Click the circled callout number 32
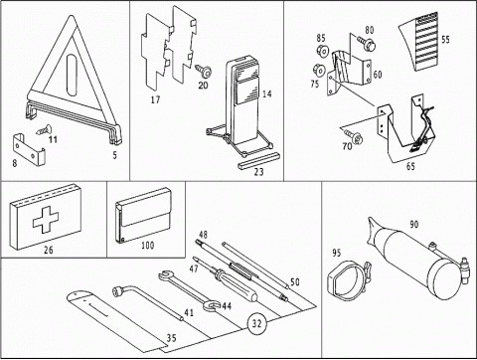256,323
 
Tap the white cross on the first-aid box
46,219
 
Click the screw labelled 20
203,70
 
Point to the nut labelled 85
322,51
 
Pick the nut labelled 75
319,70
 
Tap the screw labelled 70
354,136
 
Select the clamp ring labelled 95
349,279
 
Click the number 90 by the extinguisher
414,225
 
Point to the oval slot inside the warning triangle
72,75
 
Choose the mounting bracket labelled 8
29,149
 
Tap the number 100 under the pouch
148,246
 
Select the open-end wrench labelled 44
188,290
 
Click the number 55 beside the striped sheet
445,40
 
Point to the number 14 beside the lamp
267,94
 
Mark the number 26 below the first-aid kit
49,250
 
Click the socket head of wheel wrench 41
118,291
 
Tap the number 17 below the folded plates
155,99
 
